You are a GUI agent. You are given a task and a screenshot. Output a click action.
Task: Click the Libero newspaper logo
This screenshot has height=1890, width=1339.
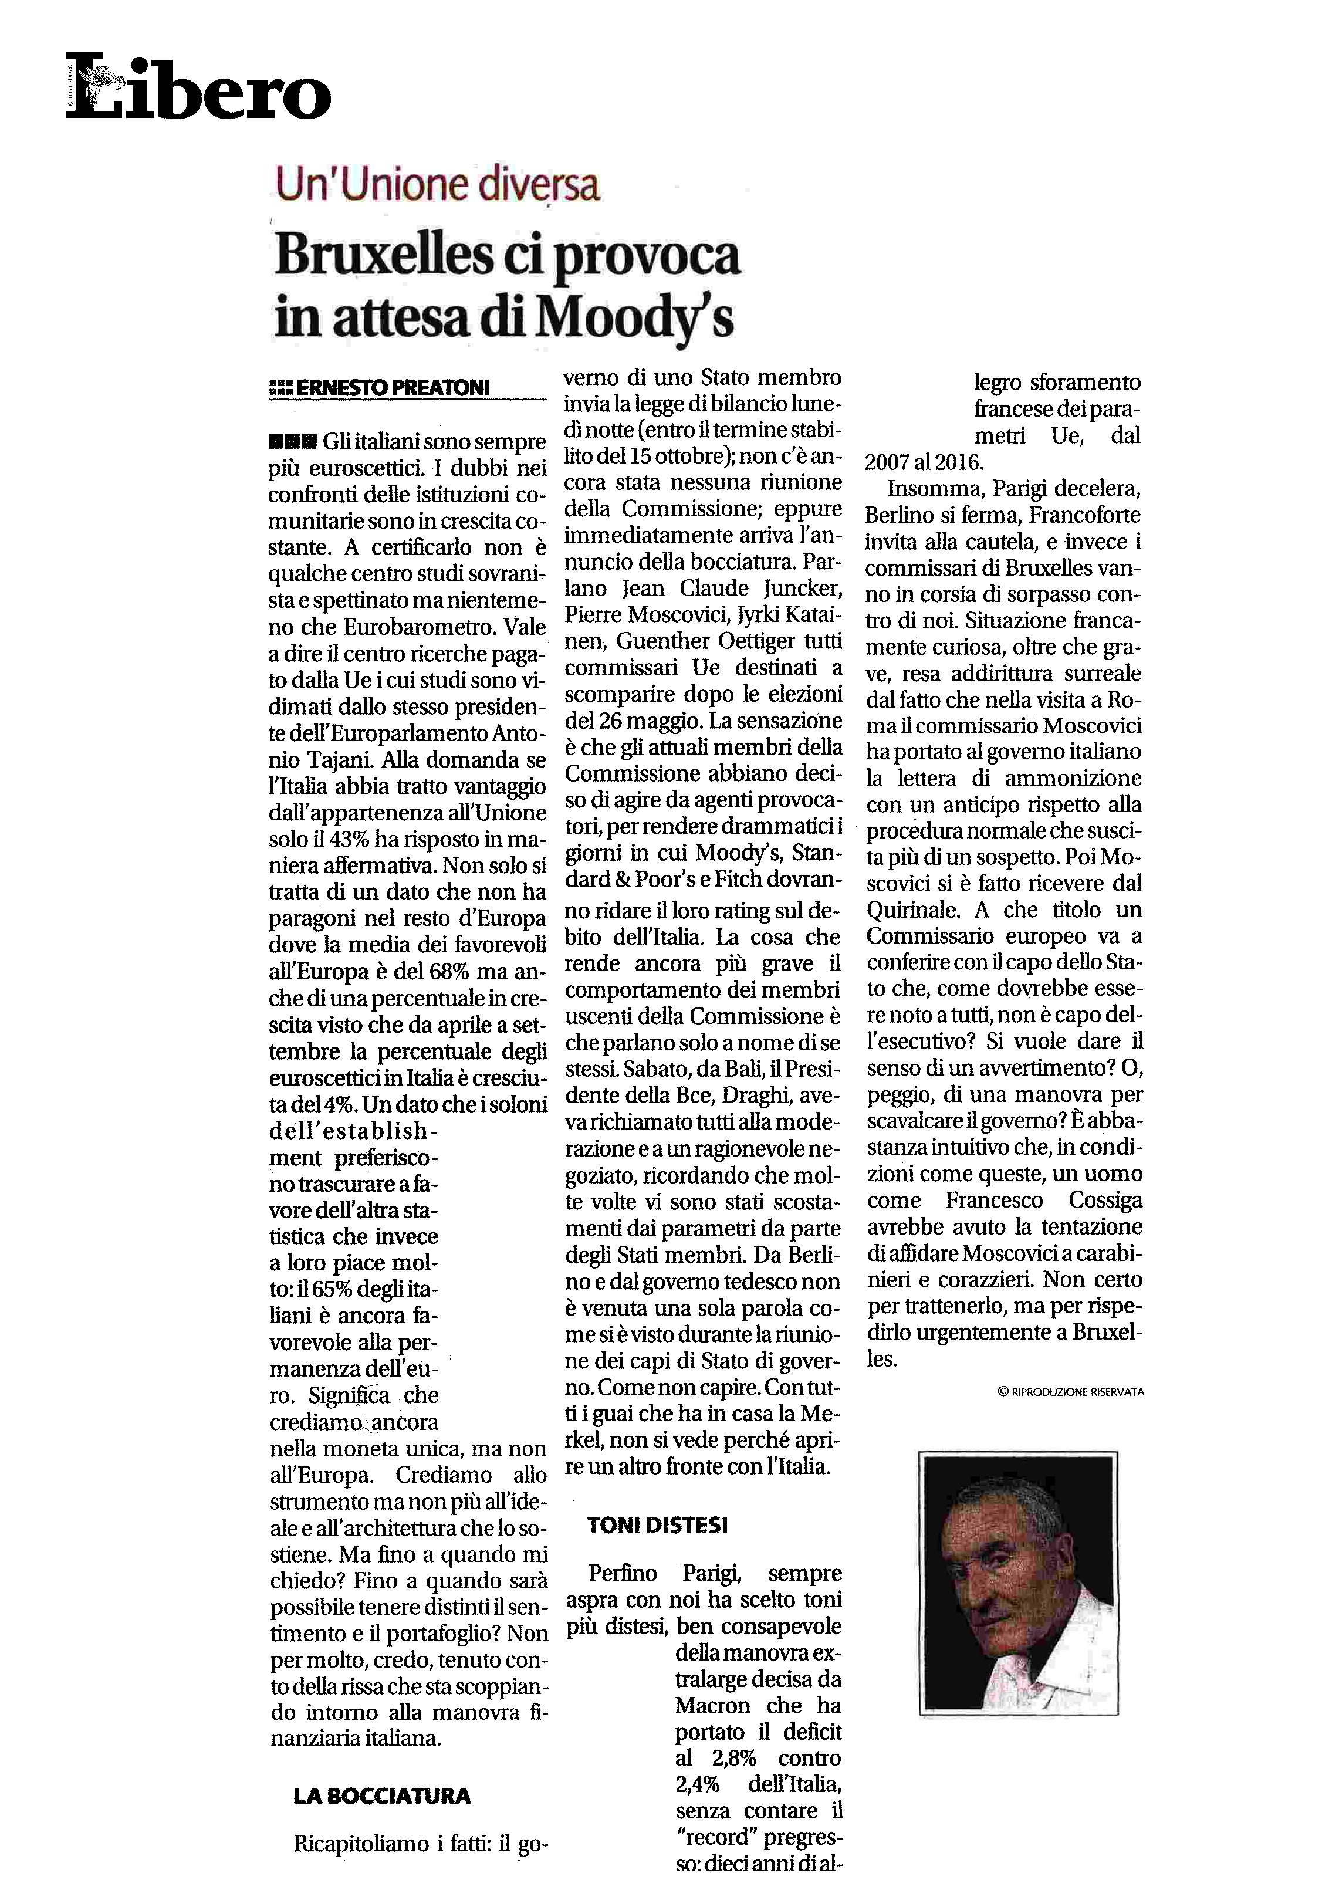[198, 87]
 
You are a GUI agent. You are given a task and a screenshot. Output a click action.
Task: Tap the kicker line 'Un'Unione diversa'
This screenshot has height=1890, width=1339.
[437, 184]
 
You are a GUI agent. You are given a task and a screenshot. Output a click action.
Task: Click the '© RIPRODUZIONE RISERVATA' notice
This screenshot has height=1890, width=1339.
[1070, 1392]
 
